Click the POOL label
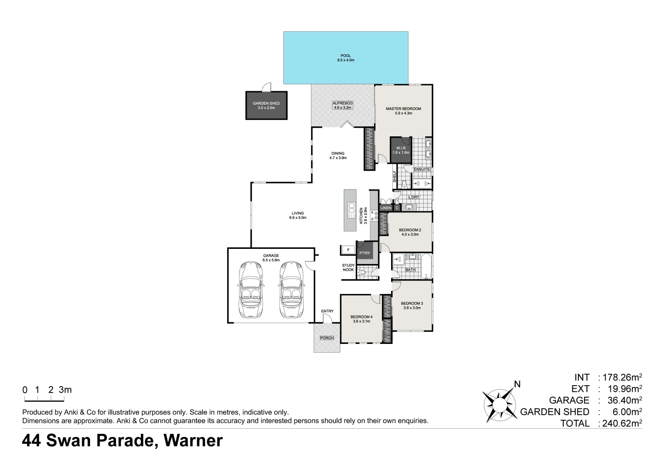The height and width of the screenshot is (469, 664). [x=345, y=56]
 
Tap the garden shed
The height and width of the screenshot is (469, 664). [x=266, y=106]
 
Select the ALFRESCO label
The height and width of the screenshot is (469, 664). [x=342, y=103]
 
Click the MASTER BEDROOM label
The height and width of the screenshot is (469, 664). [x=403, y=109]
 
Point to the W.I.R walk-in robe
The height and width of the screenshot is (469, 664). [x=401, y=150]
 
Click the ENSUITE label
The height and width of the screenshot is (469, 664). [x=422, y=169]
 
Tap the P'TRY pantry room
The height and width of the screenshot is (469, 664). [x=365, y=252]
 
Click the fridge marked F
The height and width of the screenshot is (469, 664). [x=348, y=250]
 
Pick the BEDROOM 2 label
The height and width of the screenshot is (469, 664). [x=410, y=230]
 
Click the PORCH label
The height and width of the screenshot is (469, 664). [x=326, y=338]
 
